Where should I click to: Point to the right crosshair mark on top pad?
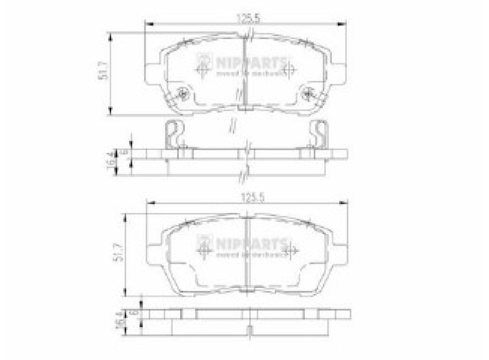[x=289, y=67]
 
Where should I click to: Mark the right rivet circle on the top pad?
[x=308, y=94]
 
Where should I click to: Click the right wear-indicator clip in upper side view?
[x=319, y=133]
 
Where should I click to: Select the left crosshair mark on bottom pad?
[x=204, y=249]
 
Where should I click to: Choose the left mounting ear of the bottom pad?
[x=156, y=252]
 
